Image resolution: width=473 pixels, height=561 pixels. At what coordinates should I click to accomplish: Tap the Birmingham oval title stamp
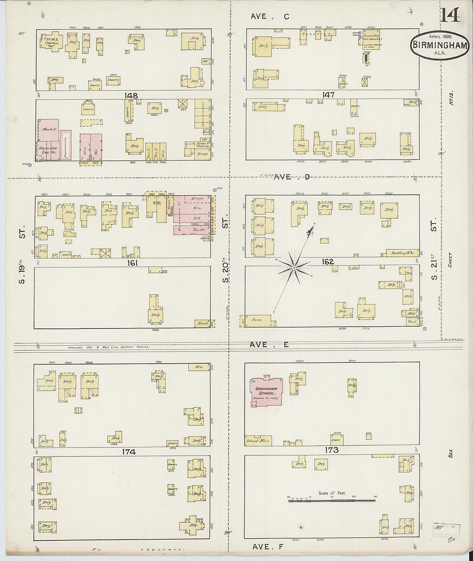click(x=439, y=45)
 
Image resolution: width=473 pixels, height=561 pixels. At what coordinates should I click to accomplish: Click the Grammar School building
click(x=267, y=391)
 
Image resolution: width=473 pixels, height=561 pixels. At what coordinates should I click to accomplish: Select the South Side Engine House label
click(x=48, y=150)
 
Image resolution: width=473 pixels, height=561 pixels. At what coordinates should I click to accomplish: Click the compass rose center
click(x=294, y=268)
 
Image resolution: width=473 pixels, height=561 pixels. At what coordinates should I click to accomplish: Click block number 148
click(x=131, y=95)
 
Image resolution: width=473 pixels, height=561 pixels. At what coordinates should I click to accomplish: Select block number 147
click(x=328, y=95)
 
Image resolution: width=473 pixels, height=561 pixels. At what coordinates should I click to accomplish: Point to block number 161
click(x=132, y=263)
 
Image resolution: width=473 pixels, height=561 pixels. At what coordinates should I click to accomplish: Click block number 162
click(x=328, y=261)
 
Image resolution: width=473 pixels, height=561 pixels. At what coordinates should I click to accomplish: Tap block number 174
click(x=129, y=451)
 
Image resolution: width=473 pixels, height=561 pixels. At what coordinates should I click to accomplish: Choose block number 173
click(x=332, y=450)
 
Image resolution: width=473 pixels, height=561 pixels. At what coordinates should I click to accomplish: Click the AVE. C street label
click(x=270, y=17)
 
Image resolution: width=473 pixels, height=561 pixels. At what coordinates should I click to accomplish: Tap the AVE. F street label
click(x=267, y=547)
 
